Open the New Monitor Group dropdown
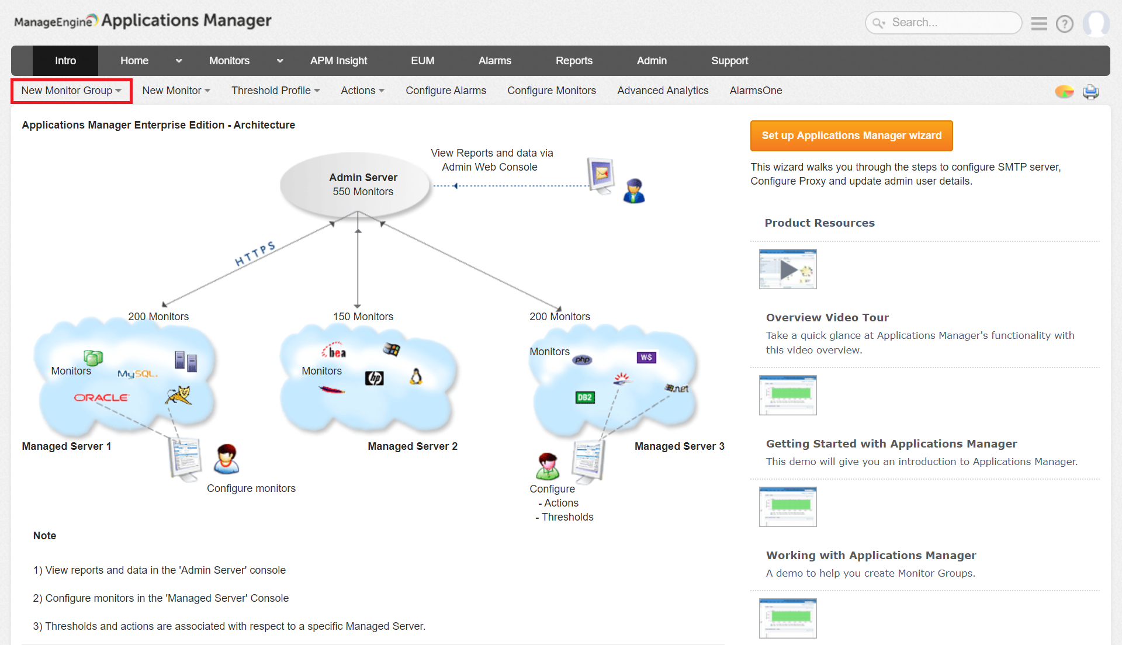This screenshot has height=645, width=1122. pyautogui.click(x=71, y=91)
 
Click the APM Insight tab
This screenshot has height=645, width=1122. pyautogui.click(x=338, y=61)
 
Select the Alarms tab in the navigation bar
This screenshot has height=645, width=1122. pyautogui.click(x=494, y=61)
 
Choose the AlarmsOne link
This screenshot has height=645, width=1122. pyautogui.click(x=756, y=91)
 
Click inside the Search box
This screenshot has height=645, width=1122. pyautogui.click(x=947, y=23)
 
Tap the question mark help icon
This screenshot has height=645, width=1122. pyautogui.click(x=1064, y=24)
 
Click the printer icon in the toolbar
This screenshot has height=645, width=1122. pyautogui.click(x=1090, y=92)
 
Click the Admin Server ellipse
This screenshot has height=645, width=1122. pyautogui.click(x=356, y=185)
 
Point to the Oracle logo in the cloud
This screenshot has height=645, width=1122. pyautogui.click(x=101, y=398)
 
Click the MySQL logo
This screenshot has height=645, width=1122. pyautogui.click(x=137, y=374)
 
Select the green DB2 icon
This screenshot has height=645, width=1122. pyautogui.click(x=584, y=398)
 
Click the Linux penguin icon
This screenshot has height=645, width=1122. pyautogui.click(x=415, y=377)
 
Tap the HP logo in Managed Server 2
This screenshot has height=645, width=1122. pyautogui.click(x=374, y=379)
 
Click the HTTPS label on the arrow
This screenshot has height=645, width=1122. pyautogui.click(x=255, y=254)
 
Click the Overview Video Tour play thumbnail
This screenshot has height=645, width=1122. pyautogui.click(x=787, y=269)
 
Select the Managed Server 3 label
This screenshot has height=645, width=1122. pyautogui.click(x=679, y=446)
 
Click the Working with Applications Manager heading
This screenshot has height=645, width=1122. pyautogui.click(x=871, y=556)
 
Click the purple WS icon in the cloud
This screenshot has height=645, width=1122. pyautogui.click(x=646, y=358)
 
